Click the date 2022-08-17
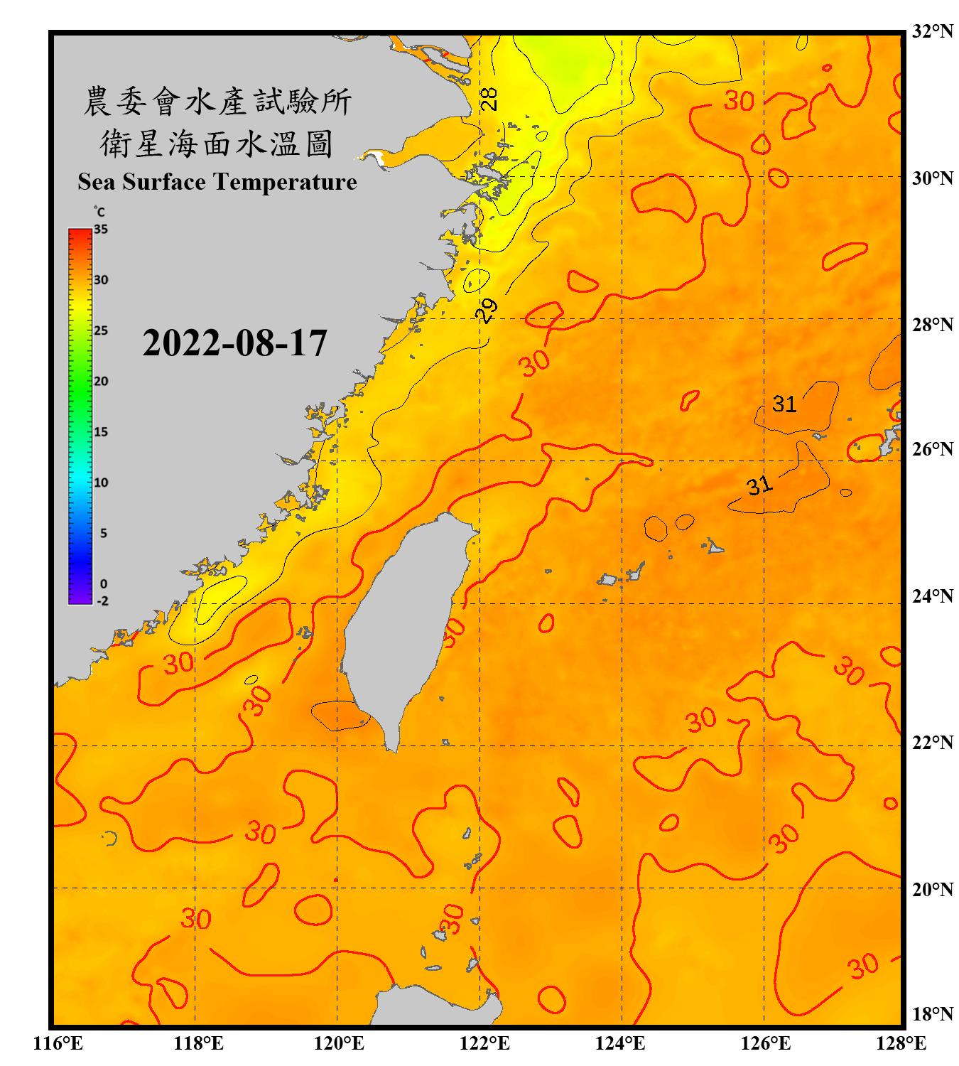pos(234,343)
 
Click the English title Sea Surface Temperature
pos(217,182)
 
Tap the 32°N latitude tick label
pos(932,31)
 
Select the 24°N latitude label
pos(932,596)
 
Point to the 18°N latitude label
pos(932,1014)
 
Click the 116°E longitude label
pos(58,1043)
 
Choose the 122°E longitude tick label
pos(484,1043)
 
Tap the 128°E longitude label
pos(901,1043)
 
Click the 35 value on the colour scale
pos(101,230)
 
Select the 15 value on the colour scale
pos(101,432)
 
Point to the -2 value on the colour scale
pos(102,601)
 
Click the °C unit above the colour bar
pos(99,212)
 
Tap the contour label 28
pos(489,99)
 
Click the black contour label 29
pos(487,311)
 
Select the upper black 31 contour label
pos(784,404)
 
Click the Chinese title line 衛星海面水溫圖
pos(217,144)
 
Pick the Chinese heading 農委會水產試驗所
pos(217,101)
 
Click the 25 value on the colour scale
pos(101,331)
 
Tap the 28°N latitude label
pos(932,325)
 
